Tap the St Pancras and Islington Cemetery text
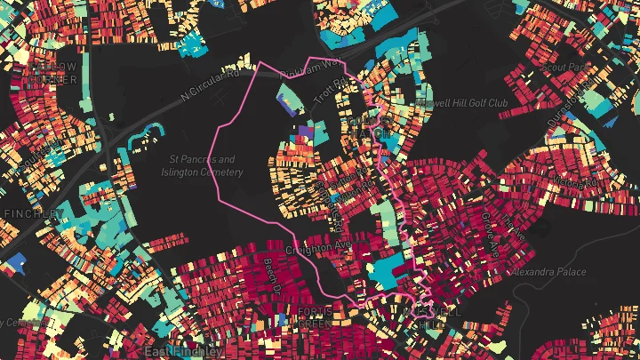(x=203, y=165)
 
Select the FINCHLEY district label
(x=30, y=214)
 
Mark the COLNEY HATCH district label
(x=370, y=126)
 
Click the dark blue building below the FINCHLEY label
(x=14, y=263)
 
